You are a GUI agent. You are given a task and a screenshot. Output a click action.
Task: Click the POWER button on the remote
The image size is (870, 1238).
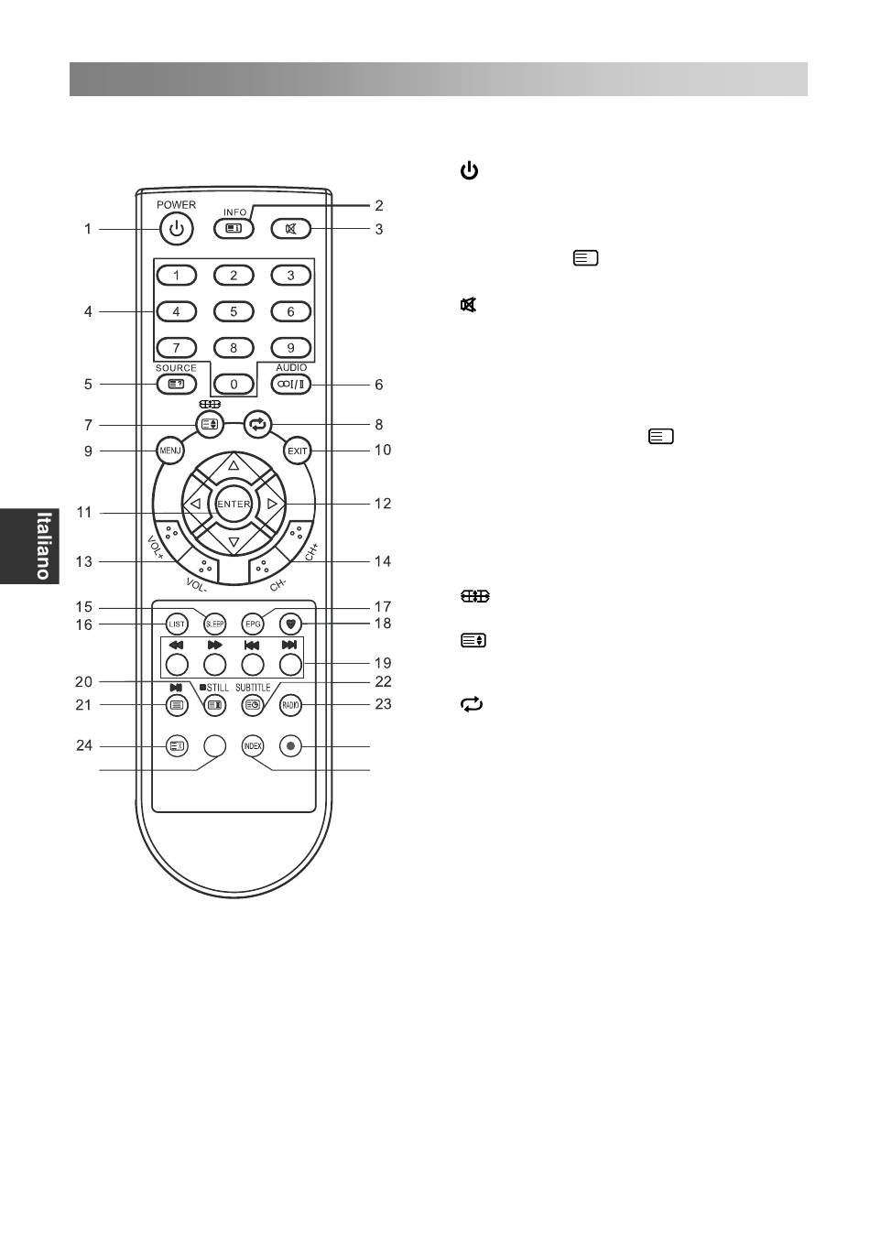(x=176, y=229)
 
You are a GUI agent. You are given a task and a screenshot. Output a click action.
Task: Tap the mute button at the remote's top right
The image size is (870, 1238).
(x=291, y=229)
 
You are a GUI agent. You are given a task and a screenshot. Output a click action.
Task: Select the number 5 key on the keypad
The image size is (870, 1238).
(x=234, y=311)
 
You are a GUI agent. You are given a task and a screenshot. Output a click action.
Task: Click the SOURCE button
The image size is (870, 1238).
(x=176, y=385)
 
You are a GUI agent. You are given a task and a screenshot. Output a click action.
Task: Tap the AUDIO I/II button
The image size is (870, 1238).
(x=291, y=385)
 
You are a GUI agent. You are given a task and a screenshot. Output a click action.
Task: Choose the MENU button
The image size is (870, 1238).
(x=170, y=451)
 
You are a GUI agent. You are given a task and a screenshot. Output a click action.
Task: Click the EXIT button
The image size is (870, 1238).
(x=298, y=451)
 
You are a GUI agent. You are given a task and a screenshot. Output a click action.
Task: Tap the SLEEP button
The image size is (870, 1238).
(x=214, y=624)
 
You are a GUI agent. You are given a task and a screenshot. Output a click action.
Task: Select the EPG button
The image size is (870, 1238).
(x=253, y=624)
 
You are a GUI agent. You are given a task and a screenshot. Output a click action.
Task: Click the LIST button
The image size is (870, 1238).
(x=177, y=624)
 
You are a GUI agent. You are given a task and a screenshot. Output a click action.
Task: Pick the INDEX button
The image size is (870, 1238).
(x=253, y=746)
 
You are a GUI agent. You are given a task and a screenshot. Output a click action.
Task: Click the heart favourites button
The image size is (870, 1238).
(x=291, y=624)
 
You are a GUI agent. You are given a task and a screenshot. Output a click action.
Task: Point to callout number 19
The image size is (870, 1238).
(x=383, y=663)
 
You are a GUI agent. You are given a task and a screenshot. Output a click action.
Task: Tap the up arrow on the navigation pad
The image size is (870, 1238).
(x=234, y=465)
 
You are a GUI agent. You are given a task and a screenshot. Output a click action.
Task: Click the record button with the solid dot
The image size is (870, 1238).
(x=291, y=746)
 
